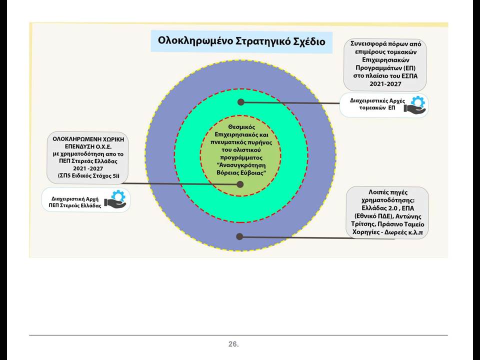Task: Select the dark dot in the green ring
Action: click(241, 102)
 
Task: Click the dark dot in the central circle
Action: click(240, 184)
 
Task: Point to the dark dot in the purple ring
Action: click(239, 236)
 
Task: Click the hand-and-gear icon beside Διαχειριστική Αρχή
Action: click(115, 199)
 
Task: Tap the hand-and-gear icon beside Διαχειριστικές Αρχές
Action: click(415, 104)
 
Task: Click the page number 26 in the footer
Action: click(233, 344)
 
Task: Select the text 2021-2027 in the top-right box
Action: click(385, 84)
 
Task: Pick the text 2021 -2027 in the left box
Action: click(88, 168)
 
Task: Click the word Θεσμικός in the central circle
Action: click(241, 126)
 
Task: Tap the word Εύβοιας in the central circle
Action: click(252, 172)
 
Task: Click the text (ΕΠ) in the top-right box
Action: click(409, 67)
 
